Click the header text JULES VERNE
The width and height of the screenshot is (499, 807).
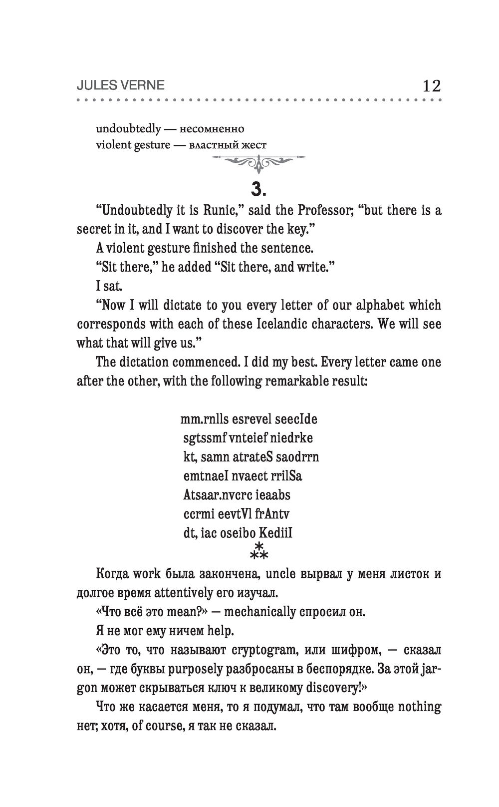point(120,85)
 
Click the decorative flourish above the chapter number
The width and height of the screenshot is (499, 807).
point(258,161)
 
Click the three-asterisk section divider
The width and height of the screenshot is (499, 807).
point(258,552)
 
